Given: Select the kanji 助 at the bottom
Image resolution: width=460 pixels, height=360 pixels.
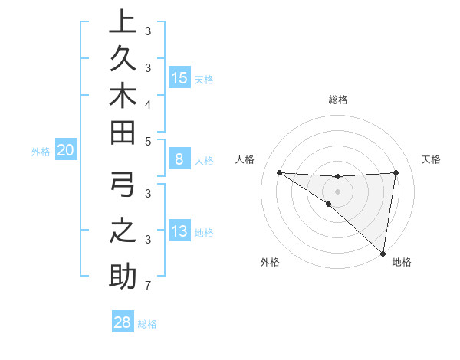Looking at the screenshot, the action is [x=122, y=277].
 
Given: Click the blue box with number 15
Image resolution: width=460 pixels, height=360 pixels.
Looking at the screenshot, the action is [x=179, y=78].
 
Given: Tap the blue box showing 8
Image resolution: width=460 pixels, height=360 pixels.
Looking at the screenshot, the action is [x=179, y=160].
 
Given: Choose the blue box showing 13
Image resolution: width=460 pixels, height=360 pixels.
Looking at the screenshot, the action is [x=179, y=232].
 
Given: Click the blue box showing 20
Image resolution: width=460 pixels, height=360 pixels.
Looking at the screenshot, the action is [x=65, y=151].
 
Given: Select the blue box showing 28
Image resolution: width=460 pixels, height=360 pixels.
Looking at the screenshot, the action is [x=123, y=322].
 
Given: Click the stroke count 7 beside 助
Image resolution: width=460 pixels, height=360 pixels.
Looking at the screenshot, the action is [x=147, y=286].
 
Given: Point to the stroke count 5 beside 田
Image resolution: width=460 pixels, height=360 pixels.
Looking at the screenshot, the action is [x=147, y=141].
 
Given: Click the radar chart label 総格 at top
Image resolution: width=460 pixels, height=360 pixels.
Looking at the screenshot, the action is [x=338, y=100].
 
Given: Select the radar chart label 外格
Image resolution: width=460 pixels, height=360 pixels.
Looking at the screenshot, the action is [x=270, y=262].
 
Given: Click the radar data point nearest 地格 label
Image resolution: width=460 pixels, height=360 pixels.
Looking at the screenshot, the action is [x=383, y=253].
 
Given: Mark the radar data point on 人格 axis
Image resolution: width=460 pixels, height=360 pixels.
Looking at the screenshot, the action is [x=279, y=172].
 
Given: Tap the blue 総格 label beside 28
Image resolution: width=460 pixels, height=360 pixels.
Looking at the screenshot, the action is [x=147, y=324].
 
